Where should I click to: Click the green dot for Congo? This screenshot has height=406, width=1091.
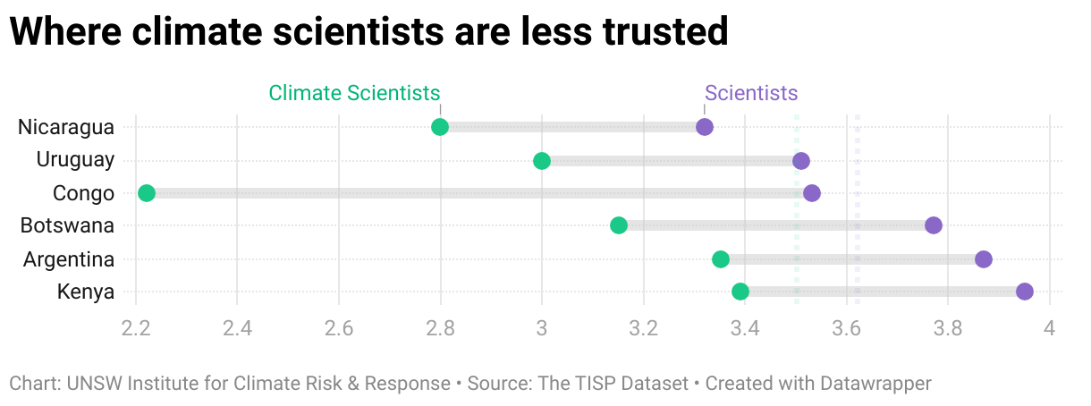147,193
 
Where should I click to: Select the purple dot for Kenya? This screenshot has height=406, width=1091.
1025,292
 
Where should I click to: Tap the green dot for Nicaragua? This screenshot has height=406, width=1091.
440,127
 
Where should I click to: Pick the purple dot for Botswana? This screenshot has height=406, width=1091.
934,225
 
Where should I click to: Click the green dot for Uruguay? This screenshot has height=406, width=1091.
542,161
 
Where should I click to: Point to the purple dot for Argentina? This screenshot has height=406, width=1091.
984,259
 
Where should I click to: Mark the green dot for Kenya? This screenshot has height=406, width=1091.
740,292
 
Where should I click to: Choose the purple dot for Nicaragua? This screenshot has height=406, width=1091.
705,127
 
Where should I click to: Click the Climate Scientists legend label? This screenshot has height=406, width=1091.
354,93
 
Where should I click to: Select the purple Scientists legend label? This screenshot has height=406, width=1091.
751,93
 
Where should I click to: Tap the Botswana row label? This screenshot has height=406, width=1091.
68,225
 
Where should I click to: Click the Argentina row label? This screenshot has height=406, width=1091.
69,259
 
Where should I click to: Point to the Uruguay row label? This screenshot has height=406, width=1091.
75,160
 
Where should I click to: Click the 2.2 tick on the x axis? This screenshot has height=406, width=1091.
135,328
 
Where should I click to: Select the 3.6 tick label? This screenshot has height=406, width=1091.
846,328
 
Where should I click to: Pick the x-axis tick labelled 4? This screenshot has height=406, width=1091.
1050,328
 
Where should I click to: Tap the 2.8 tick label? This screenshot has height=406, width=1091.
440,328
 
